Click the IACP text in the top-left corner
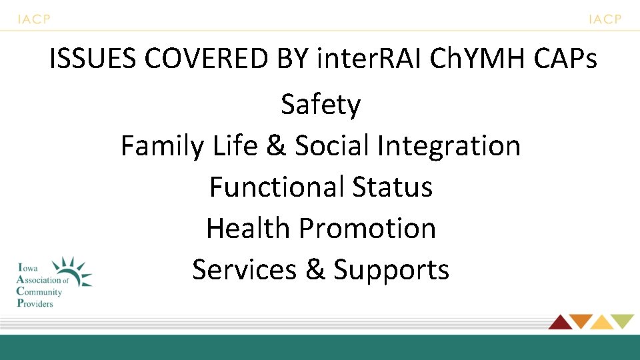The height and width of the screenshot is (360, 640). click(x=33, y=19)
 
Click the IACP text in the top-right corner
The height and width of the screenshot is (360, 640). click(x=605, y=19)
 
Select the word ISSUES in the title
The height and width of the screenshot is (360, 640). click(x=93, y=59)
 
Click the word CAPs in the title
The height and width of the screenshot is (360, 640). click(x=566, y=59)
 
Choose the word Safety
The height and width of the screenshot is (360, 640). click(x=321, y=105)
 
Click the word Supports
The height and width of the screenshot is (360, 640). click(x=391, y=269)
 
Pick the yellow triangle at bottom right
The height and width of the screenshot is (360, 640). click(x=601, y=323)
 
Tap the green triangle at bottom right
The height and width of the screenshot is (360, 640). click(x=623, y=321)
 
